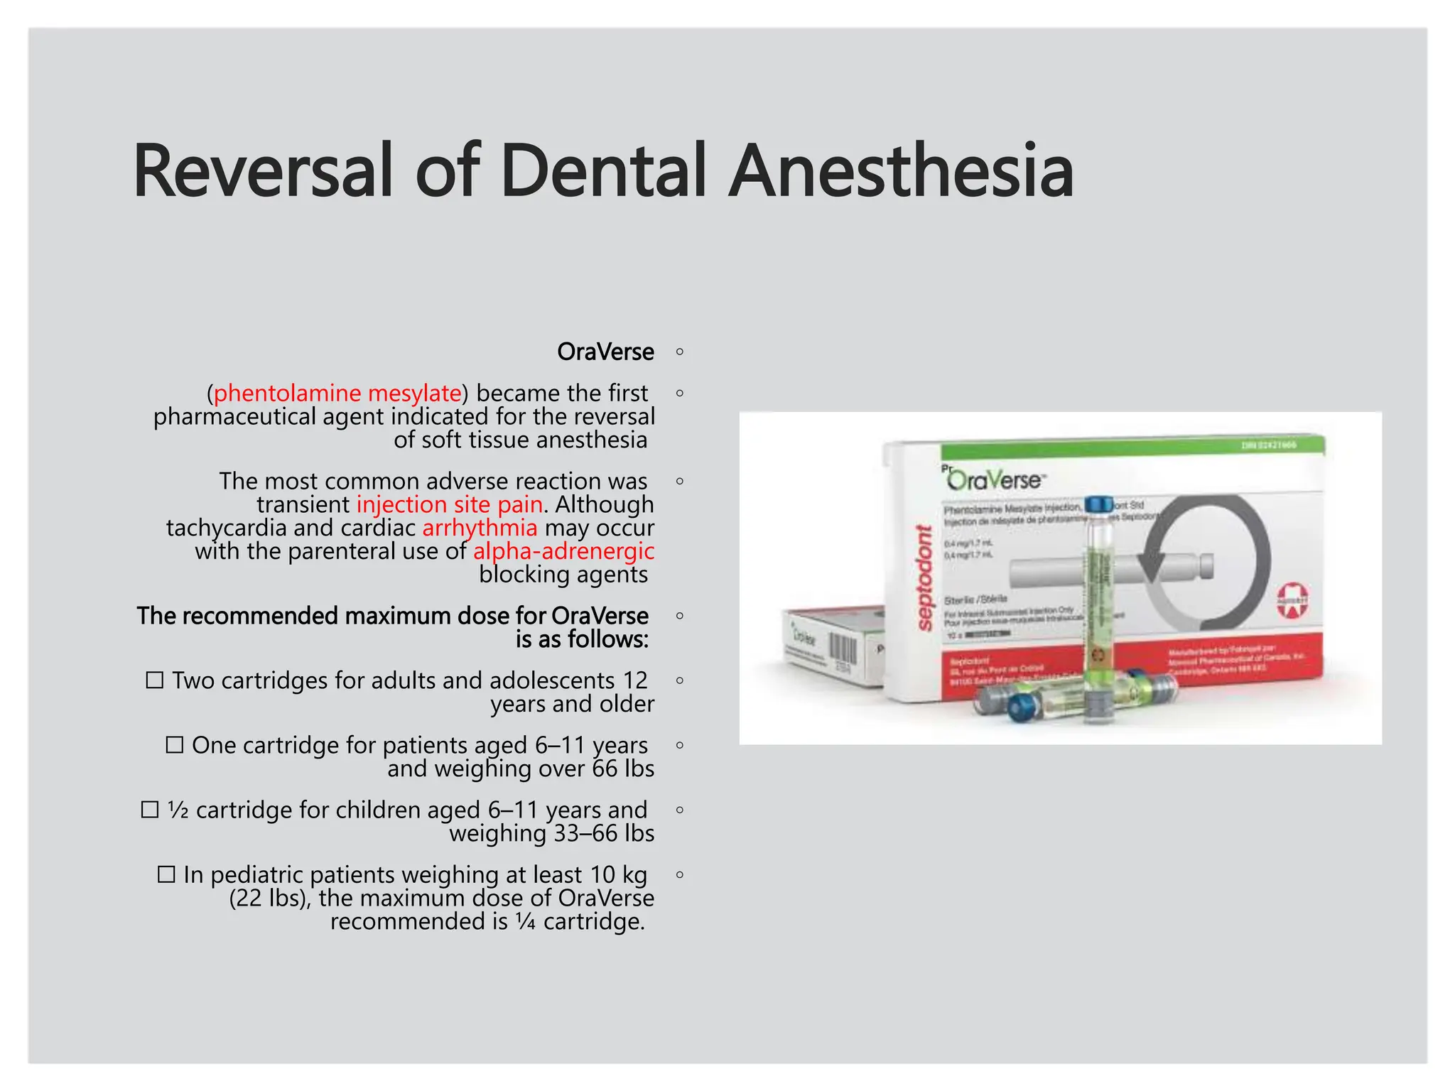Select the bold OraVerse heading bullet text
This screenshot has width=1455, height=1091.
click(x=605, y=352)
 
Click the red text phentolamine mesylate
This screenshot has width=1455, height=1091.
click(x=337, y=393)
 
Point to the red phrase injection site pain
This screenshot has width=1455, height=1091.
click(x=450, y=504)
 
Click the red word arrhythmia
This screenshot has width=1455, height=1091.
click(x=480, y=528)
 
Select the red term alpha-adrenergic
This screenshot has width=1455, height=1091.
click(x=563, y=551)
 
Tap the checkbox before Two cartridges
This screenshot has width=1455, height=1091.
click(x=154, y=680)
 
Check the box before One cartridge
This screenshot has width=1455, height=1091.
click(x=174, y=745)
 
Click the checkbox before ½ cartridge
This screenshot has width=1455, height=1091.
click(x=149, y=810)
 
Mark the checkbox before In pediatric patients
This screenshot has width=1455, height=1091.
click(x=166, y=874)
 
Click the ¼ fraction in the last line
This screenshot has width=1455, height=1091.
click(x=526, y=922)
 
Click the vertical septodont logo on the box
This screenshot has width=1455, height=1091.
click(x=924, y=577)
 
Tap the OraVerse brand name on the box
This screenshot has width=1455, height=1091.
click(x=995, y=480)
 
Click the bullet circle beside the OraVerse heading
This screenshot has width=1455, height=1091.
click(x=680, y=352)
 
